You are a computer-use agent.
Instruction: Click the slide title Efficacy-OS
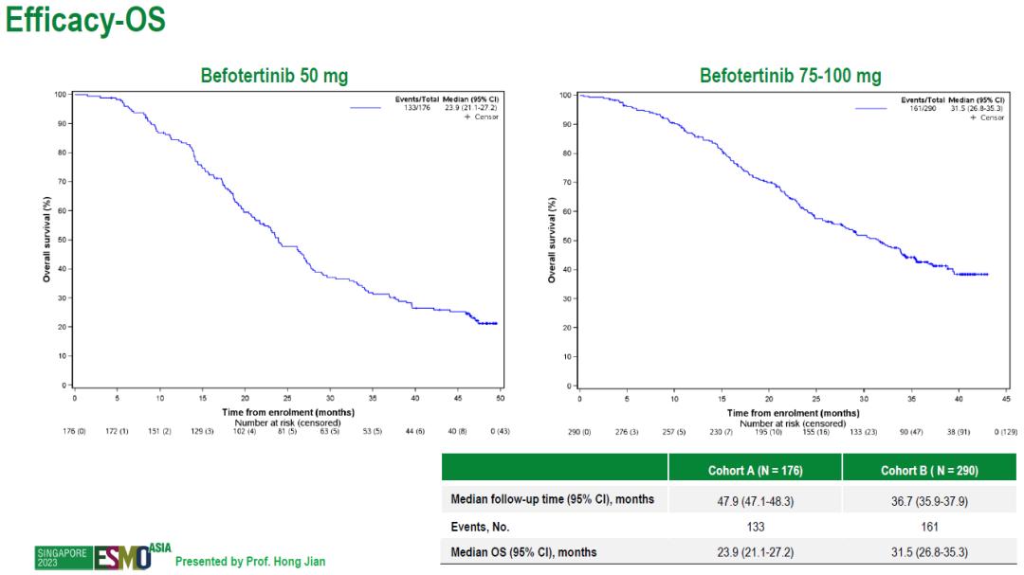86,22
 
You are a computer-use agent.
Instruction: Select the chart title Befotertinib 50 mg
274,77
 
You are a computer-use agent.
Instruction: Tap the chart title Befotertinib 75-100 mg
790,77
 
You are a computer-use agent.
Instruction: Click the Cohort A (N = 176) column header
755,471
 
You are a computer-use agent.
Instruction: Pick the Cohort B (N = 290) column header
928,471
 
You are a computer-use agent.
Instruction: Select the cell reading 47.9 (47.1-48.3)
755,499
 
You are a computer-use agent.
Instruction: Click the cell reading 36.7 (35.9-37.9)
928,499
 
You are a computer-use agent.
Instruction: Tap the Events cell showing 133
755,526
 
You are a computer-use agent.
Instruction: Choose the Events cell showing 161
928,526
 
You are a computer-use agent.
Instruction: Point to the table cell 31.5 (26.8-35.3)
928,552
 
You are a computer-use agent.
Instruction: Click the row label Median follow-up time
552,499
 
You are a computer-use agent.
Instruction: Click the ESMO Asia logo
123,556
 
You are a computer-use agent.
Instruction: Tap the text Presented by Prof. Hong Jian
250,562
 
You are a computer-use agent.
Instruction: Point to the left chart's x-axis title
288,412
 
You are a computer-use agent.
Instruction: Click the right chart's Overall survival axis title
552,240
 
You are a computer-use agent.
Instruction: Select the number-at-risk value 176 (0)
74,432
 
